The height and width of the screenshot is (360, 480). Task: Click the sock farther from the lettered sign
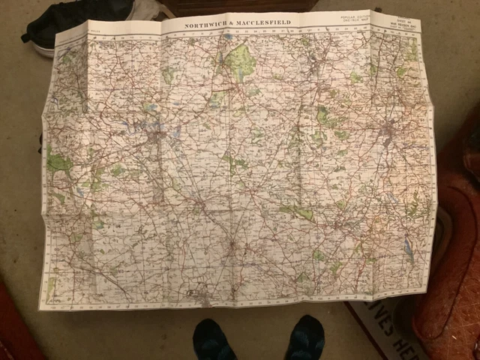click(214, 340)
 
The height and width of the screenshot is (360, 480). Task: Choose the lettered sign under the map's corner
click(383, 330)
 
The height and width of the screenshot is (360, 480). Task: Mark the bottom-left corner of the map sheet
click(40, 307)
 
